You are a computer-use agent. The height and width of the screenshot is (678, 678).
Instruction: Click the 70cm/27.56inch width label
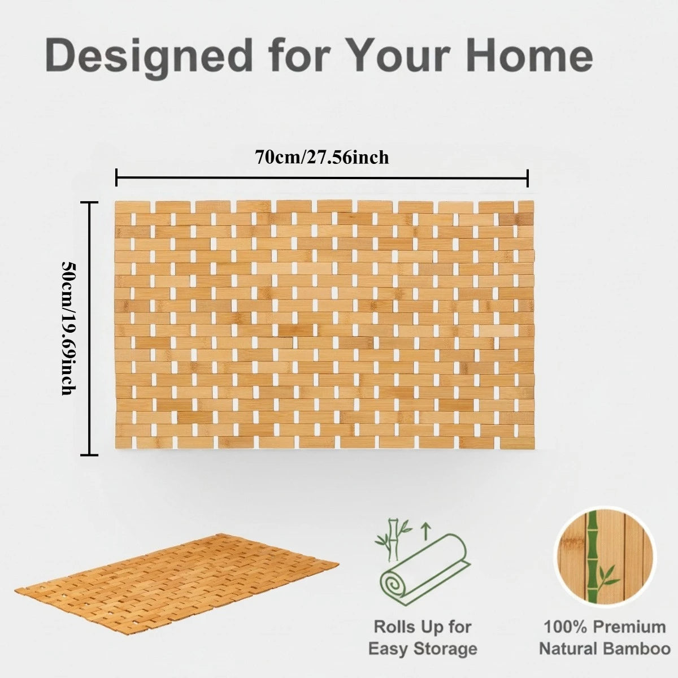coord(321,157)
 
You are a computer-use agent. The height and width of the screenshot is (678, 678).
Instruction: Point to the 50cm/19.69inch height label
coord(68,328)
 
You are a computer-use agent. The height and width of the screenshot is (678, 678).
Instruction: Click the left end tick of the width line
coord(116,177)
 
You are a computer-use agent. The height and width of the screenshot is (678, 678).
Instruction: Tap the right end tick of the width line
coord(527,177)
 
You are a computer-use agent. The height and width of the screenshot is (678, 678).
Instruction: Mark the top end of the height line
coord(89,202)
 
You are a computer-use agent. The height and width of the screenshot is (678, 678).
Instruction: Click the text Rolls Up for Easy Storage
coord(423,637)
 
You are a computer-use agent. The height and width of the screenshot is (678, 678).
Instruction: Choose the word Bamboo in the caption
coord(637,649)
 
